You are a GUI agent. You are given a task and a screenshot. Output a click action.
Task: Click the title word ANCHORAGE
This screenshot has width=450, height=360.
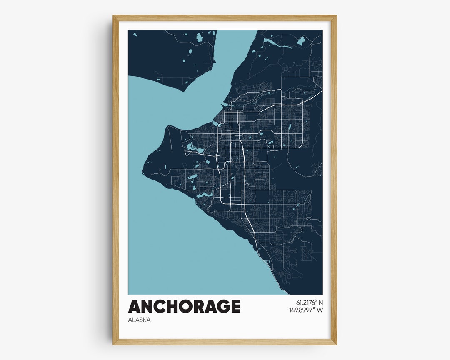point(184,306)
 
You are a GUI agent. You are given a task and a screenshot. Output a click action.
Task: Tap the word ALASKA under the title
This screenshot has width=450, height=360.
point(140,320)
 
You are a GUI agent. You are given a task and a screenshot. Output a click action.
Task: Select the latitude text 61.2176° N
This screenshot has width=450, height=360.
point(310,302)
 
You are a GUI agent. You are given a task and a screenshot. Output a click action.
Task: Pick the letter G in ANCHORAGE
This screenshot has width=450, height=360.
point(224,306)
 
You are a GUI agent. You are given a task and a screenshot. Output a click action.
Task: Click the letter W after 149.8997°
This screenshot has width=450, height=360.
point(320,310)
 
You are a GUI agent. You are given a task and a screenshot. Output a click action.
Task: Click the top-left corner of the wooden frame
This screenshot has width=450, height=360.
point(114,16)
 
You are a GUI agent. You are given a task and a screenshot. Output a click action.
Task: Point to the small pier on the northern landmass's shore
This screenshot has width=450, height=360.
point(215,62)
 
